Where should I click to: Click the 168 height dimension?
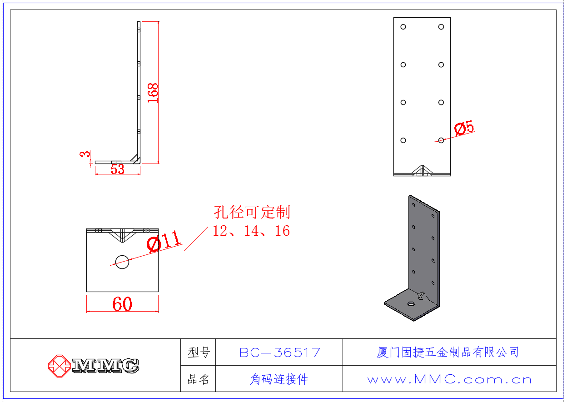pyautogui.click(x=153, y=93)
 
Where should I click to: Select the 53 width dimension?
pyautogui.click(x=117, y=169)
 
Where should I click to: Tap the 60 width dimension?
pyautogui.click(x=122, y=304)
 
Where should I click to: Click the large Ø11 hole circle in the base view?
pyautogui.click(x=122, y=262)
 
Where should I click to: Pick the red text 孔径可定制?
pyautogui.click(x=252, y=212)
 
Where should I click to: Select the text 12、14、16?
pyautogui.click(x=251, y=231)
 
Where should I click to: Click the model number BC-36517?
pyautogui.click(x=279, y=352)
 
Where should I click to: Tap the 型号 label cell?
pyautogui.click(x=199, y=352)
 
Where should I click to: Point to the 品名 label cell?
pyautogui.click(x=199, y=379)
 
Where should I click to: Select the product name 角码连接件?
pyautogui.click(x=279, y=379)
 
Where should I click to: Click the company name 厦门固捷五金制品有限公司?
pyautogui.click(x=448, y=352)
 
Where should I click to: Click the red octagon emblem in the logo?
pyautogui.click(x=59, y=366)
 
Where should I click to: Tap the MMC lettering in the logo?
pyautogui.click(x=105, y=366)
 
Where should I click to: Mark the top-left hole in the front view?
pyautogui.click(x=403, y=27)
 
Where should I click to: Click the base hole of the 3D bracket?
pyautogui.click(x=411, y=303)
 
